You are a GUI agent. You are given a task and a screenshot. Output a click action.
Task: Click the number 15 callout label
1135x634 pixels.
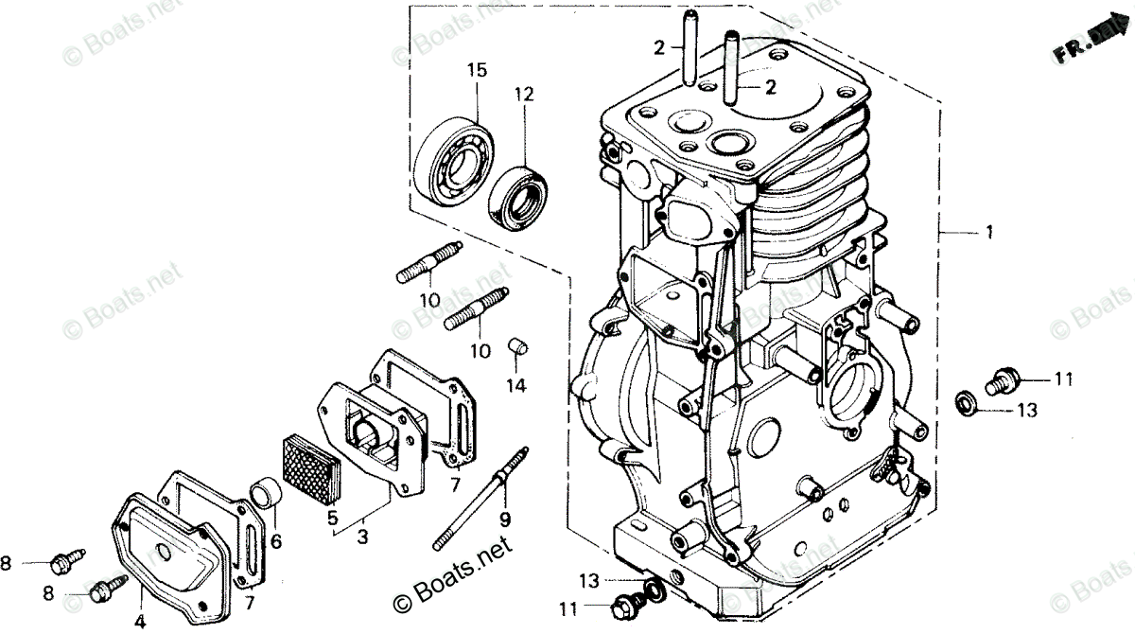pos(476,69)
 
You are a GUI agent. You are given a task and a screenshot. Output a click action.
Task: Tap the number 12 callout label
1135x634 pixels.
pos(524,94)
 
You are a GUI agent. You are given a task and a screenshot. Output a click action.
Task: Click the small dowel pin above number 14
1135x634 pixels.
pos(516,345)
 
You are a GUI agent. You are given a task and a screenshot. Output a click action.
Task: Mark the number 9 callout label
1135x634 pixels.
pos(505,518)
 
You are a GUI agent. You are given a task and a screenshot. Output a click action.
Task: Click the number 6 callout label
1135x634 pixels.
pos(275,541)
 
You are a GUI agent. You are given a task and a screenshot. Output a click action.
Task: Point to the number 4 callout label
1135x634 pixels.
pos(141,621)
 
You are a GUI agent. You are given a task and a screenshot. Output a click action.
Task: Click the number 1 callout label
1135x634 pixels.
pos(989,232)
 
